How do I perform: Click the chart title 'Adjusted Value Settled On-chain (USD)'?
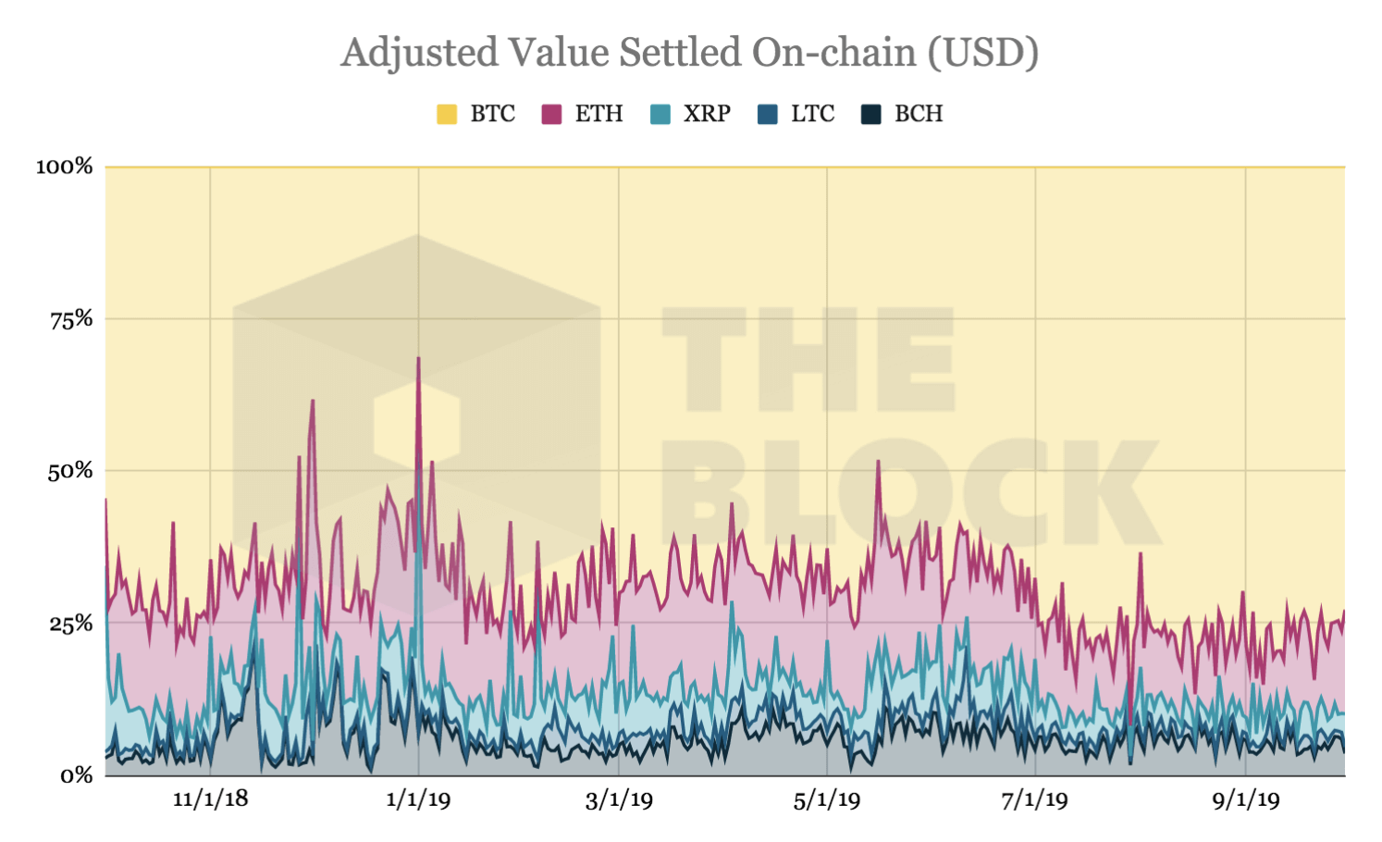click(689, 53)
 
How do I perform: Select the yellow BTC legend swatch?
click(447, 114)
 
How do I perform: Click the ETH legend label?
click(598, 114)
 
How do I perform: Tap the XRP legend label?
click(707, 114)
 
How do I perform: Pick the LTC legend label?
click(812, 114)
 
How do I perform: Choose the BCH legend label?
click(919, 114)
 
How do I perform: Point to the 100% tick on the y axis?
click(65, 167)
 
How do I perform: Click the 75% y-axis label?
click(71, 319)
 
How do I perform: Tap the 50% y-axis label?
click(71, 471)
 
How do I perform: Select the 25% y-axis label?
click(71, 624)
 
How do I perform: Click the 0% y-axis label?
click(77, 775)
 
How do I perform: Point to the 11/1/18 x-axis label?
click(210, 799)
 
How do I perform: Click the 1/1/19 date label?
click(418, 799)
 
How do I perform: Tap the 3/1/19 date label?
click(619, 799)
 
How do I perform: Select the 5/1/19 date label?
click(827, 799)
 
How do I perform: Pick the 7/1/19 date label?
click(1034, 799)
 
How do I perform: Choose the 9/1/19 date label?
click(1246, 799)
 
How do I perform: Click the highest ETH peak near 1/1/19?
click(418, 359)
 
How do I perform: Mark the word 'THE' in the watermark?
click(808, 360)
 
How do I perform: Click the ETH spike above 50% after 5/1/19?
click(878, 462)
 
